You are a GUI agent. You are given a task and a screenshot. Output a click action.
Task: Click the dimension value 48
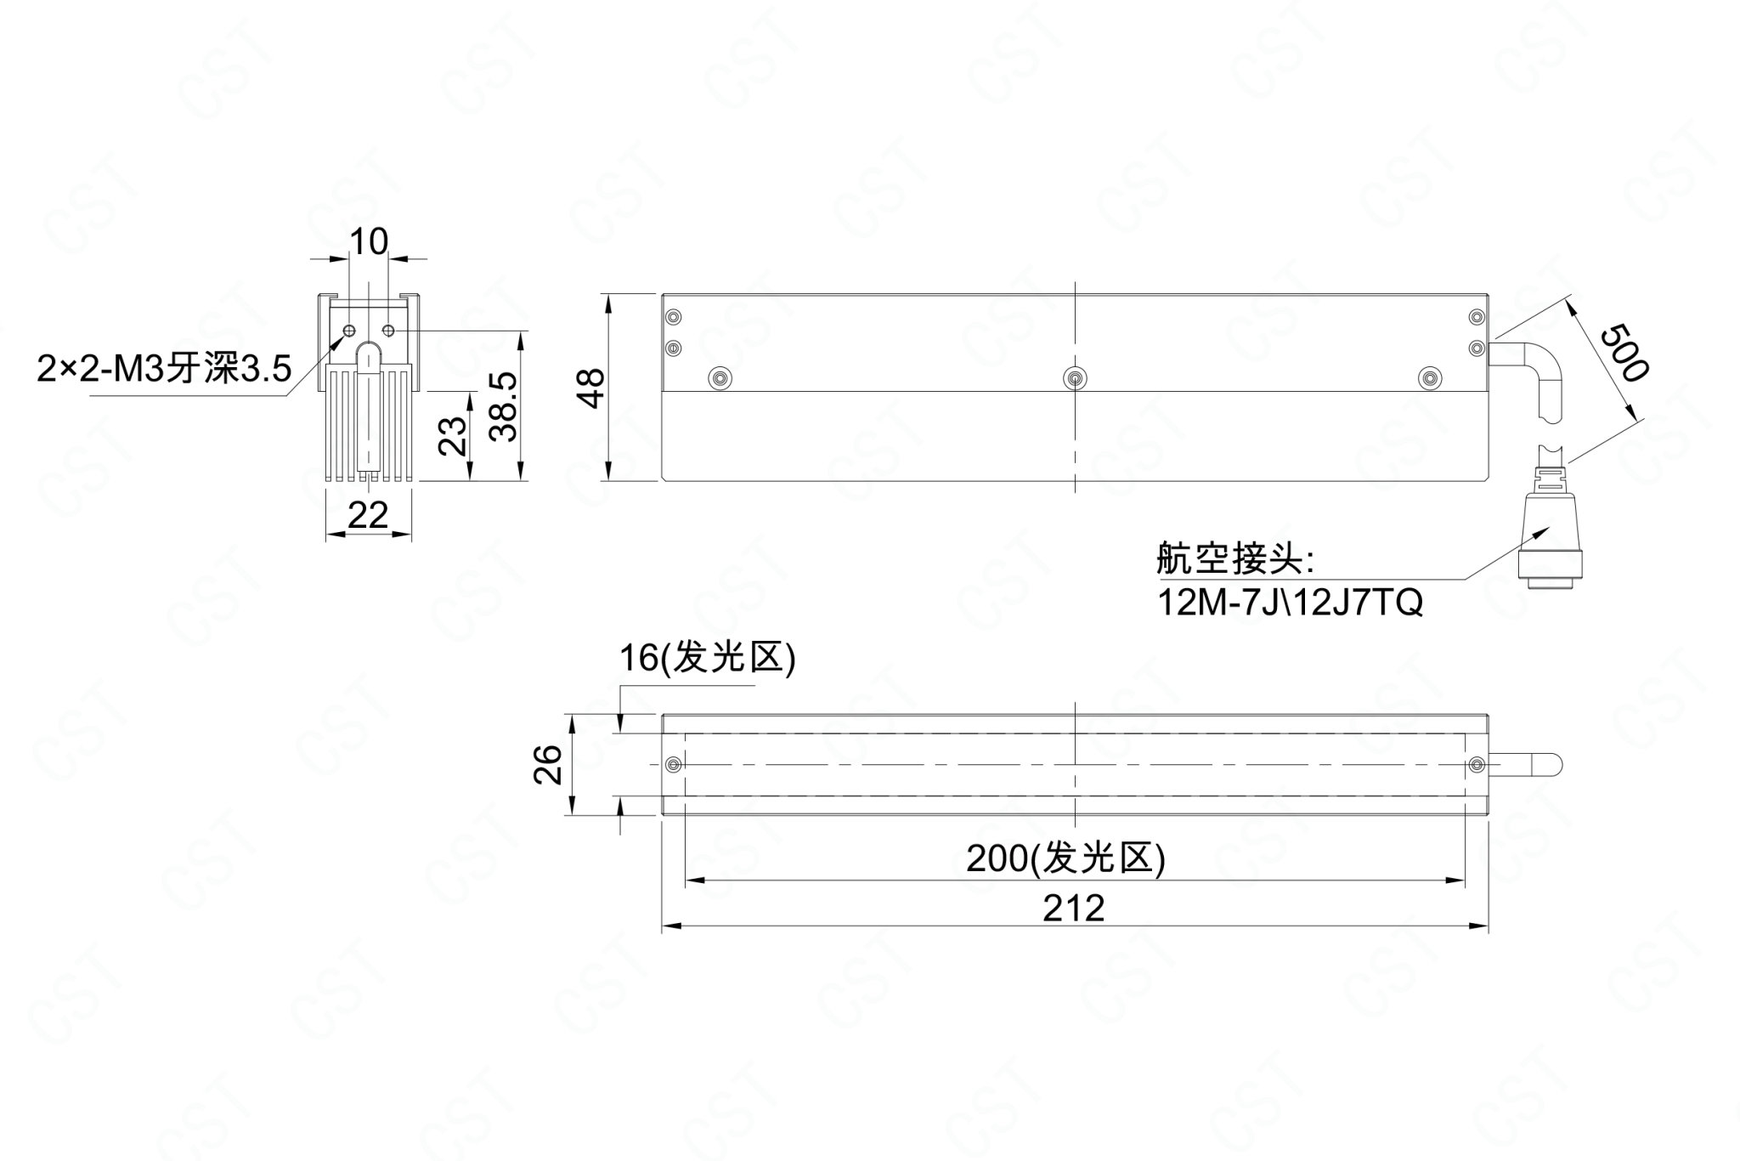point(591,388)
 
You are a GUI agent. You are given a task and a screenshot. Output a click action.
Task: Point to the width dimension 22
point(368,515)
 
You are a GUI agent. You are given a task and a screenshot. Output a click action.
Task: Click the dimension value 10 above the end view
point(369,242)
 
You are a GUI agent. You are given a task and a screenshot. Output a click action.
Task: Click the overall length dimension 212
point(1074,909)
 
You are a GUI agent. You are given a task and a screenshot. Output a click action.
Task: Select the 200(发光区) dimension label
point(1066,859)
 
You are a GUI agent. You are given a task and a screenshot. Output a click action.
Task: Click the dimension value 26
point(548,764)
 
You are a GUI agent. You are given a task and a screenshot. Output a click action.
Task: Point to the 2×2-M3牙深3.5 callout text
point(164,370)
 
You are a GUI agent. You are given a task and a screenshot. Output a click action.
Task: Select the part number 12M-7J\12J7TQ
point(1290,603)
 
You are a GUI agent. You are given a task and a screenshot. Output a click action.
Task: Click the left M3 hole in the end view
point(349,330)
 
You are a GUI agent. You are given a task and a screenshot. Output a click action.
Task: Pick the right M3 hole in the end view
point(389,330)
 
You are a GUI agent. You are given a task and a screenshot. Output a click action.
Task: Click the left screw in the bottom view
point(674,765)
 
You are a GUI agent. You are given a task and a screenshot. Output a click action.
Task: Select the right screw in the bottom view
point(1477,765)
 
